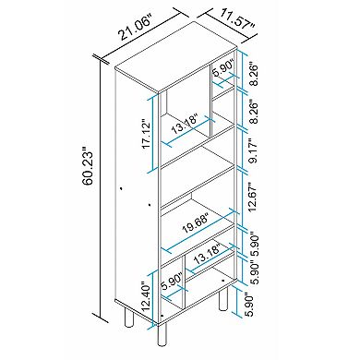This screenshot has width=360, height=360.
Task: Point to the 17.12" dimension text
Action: tap(147, 139)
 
